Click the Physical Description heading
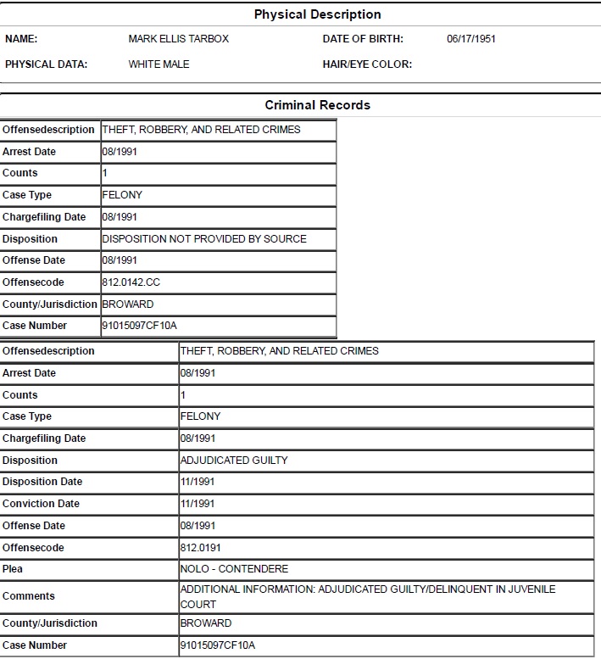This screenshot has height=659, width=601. click(x=317, y=14)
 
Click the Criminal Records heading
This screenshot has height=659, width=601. click(x=317, y=105)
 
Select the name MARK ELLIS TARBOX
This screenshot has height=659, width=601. click(x=178, y=39)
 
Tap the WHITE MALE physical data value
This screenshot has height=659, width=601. click(x=159, y=64)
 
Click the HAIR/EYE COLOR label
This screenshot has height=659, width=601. click(x=367, y=64)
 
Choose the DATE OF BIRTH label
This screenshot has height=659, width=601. click(x=363, y=39)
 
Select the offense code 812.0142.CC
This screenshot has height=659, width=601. click(x=131, y=282)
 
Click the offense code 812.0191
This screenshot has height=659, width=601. click(x=201, y=548)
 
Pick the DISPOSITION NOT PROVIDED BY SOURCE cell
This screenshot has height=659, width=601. click(x=204, y=239)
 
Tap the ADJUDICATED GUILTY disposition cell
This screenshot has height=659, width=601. click(x=234, y=461)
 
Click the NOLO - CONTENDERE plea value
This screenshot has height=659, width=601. click(x=235, y=569)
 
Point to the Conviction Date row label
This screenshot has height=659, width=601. click(x=41, y=504)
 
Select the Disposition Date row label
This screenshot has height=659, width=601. click(x=42, y=482)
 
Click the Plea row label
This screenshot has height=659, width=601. click(x=13, y=569)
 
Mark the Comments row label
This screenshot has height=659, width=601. click(x=29, y=596)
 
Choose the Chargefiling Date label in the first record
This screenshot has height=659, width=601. click(x=44, y=217)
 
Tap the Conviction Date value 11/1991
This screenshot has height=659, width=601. click(x=198, y=504)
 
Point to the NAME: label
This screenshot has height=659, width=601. click(x=21, y=39)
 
